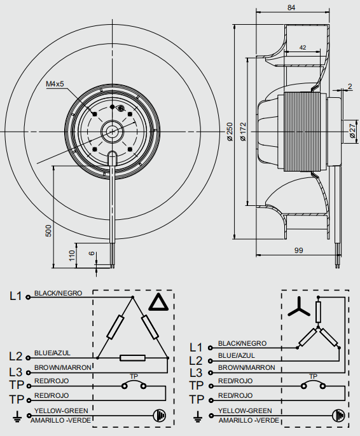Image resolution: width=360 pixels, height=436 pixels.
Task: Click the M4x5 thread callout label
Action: (x=55, y=84)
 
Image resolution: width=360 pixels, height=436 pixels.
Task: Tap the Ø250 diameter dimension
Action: (x=230, y=132)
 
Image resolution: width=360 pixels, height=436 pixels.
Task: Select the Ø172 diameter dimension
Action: (x=243, y=132)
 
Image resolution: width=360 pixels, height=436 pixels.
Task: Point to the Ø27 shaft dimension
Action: (x=352, y=131)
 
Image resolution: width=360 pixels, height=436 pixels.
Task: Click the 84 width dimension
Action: (x=291, y=8)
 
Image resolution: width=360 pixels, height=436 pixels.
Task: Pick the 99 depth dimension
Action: (x=298, y=250)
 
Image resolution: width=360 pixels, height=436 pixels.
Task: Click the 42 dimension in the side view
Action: (x=303, y=48)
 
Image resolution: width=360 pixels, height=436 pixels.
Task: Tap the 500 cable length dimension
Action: (x=48, y=231)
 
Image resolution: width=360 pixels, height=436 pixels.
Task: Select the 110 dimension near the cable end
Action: (x=72, y=255)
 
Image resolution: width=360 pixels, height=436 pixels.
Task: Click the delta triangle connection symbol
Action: (x=158, y=302)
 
